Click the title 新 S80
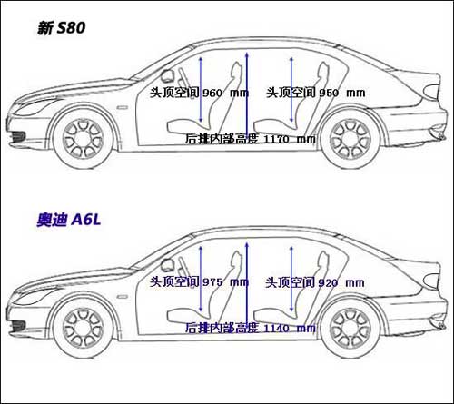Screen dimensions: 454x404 tap(62, 28)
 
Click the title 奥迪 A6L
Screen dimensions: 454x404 tap(69, 220)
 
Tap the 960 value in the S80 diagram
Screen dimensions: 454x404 tap(212, 93)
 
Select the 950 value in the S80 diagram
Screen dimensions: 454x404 tap(329, 93)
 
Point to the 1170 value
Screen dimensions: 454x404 tap(277, 139)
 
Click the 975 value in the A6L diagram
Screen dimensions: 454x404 tap(212, 282)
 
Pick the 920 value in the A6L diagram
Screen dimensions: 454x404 tap(328, 282)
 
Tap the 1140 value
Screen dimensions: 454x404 tap(277, 329)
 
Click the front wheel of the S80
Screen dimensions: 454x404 tap(84, 139)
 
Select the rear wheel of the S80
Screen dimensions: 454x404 tap(350, 139)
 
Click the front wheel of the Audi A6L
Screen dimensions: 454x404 tap(84, 329)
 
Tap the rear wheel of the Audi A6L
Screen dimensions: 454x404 tap(350, 329)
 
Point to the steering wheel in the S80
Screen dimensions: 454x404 tap(183, 78)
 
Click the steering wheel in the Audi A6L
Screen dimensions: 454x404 tap(183, 268)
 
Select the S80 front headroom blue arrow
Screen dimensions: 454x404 tap(201, 90)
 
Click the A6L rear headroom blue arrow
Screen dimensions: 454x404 tap(291, 279)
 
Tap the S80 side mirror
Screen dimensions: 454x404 tap(166, 75)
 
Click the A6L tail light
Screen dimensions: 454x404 tap(432, 281)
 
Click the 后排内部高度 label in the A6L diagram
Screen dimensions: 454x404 tap(222, 328)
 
